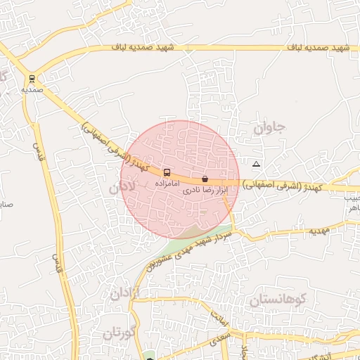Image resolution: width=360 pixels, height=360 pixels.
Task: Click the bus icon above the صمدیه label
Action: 32,79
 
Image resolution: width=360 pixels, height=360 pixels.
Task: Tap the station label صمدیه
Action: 32,90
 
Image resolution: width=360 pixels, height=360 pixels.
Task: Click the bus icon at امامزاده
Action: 167,172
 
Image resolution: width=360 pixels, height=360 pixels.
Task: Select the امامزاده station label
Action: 160,183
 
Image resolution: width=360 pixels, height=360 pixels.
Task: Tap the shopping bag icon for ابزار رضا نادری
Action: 205,179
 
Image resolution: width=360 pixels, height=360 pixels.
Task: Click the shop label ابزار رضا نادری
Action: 203,191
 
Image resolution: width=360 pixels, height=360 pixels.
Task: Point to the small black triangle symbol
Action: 256,164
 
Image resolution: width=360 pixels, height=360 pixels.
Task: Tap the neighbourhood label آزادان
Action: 124,293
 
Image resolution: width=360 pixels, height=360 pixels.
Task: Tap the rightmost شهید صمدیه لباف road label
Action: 319,47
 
